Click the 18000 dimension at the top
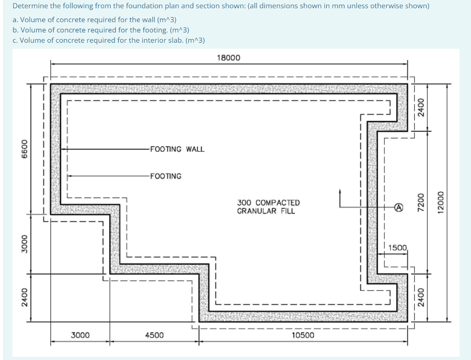[x=228, y=58]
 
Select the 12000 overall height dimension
[x=442, y=203]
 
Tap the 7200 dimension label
[x=419, y=203]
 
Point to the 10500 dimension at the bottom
[x=303, y=335]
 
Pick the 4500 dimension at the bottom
[x=154, y=335]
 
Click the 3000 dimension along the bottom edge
[x=80, y=335]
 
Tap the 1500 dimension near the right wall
[x=397, y=248]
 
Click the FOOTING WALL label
[x=177, y=149]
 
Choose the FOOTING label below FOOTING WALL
[x=166, y=176]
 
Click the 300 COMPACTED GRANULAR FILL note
[x=268, y=207]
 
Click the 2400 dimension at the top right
[x=419, y=109]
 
